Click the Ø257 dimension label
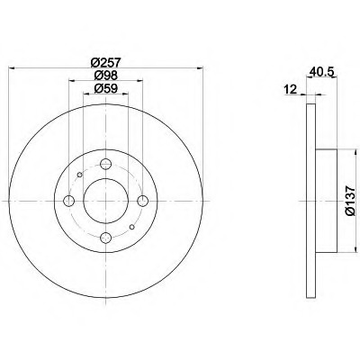click(x=105, y=63)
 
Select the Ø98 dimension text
click(x=105, y=75)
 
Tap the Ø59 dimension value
click(x=105, y=88)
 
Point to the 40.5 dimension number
click(x=321, y=73)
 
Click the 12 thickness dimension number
click(x=290, y=89)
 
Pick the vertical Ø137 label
click(x=350, y=201)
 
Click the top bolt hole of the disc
click(x=105, y=164)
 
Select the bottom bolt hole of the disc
click(x=105, y=238)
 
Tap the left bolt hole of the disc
click(x=69, y=201)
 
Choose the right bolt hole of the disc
click(x=142, y=201)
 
